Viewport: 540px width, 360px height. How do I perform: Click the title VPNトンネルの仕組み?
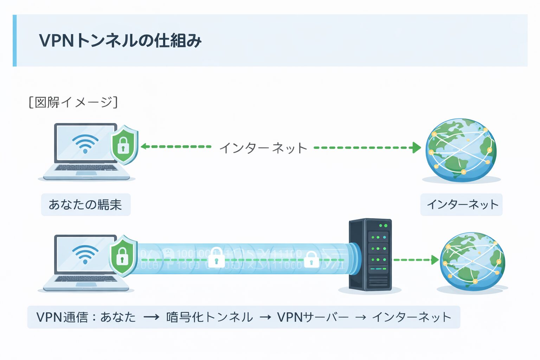pyautogui.click(x=120, y=40)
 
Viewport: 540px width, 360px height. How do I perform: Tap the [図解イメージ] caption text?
pyautogui.click(x=73, y=102)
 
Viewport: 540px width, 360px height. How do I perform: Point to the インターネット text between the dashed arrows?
pyautogui.click(x=263, y=148)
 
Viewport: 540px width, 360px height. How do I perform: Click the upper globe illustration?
pyautogui.click(x=461, y=150)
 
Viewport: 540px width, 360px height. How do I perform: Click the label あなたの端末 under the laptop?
pyautogui.click(x=85, y=205)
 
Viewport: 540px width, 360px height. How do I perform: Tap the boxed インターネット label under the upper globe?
pyautogui.click(x=462, y=205)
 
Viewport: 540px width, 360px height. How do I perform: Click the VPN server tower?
pyautogui.click(x=370, y=255)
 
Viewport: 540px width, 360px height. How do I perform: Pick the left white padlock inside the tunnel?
pyautogui.click(x=216, y=258)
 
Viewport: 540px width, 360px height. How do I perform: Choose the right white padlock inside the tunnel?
pyautogui.click(x=311, y=259)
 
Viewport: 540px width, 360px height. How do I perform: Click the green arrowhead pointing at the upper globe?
pyautogui.click(x=417, y=148)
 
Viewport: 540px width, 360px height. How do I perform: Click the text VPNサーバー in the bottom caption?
pyautogui.click(x=313, y=317)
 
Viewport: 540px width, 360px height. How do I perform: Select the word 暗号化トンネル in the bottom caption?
pyautogui.click(x=209, y=317)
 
